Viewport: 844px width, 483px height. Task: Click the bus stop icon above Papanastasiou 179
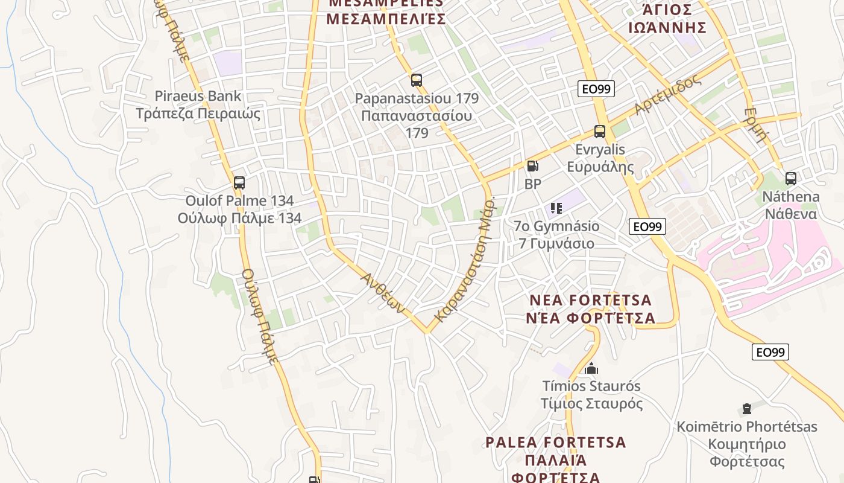416,80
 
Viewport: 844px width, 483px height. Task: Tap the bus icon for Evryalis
599,132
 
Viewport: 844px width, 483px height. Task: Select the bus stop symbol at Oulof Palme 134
239,182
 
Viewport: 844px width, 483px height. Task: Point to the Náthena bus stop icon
790,179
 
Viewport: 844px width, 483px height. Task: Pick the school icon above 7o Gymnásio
556,208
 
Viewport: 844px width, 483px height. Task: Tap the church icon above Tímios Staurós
591,368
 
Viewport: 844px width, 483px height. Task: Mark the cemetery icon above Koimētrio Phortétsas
747,409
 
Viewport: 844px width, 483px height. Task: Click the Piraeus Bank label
198,96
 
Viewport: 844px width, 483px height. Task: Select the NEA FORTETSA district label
590,301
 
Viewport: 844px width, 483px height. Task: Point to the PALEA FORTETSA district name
556,443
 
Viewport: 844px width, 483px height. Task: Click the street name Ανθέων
382,292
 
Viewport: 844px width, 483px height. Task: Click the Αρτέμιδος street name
667,95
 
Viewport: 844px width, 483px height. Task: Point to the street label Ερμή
756,124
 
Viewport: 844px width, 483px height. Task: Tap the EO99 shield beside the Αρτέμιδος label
596,89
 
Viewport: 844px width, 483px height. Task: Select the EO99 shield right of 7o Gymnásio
647,227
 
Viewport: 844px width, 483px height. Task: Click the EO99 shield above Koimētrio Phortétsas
770,352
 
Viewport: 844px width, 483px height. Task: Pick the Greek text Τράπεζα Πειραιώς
198,114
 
